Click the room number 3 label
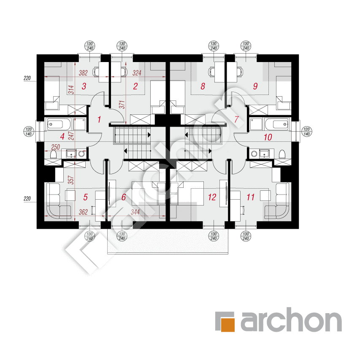coord(84,87)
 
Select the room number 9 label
coord(255,87)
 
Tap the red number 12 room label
coord(212,197)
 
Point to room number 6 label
coord(124,197)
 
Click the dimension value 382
coord(83,73)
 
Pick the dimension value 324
coord(137,73)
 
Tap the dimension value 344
coord(135,212)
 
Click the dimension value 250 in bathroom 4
coord(55,147)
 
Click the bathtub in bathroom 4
coord(59,124)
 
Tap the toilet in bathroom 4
coord(53,154)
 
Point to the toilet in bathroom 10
coord(282,154)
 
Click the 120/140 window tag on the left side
coord(29,132)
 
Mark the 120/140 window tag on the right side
coord(307,132)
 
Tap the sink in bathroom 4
coord(71,154)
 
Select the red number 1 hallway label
coord(99,119)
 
